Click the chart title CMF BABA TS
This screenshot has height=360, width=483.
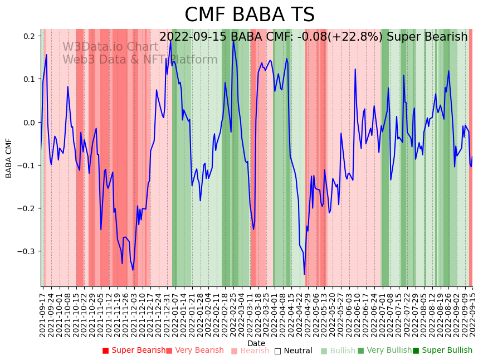[x=250, y=15]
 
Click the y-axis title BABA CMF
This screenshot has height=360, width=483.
[x=9, y=158]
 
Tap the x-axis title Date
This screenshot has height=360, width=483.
[x=256, y=343]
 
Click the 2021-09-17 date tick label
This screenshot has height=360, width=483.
[x=43, y=312]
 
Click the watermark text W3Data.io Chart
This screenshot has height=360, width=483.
[x=110, y=47]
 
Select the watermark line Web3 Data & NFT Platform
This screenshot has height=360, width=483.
[x=140, y=60]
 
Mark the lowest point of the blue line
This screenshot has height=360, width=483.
[x=304, y=274]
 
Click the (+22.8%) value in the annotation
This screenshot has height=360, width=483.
[x=362, y=37]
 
